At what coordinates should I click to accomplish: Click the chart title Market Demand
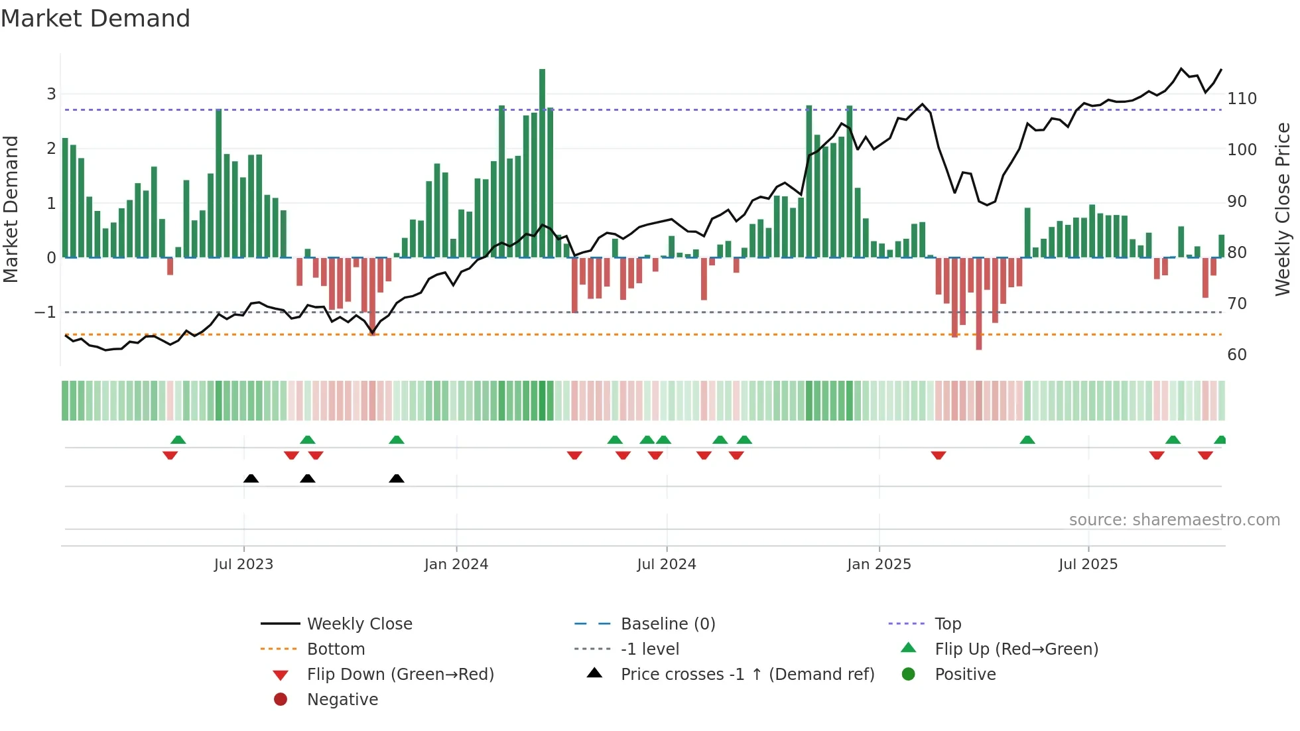click(x=96, y=19)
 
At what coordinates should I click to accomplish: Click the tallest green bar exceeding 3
click(x=542, y=163)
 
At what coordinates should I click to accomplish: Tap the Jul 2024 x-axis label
click(x=667, y=565)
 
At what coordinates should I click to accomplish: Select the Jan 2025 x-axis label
click(x=879, y=565)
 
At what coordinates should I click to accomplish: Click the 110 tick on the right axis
click(x=1242, y=99)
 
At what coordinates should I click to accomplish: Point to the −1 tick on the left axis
click(x=45, y=312)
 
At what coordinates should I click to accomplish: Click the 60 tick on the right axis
click(x=1237, y=355)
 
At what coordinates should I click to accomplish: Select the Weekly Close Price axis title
click(x=1283, y=209)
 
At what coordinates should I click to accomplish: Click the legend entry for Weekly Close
click(x=359, y=624)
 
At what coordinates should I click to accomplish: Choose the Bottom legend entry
click(x=336, y=649)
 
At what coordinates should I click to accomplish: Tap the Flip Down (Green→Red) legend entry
click(x=400, y=675)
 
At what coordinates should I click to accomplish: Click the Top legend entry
click(x=948, y=624)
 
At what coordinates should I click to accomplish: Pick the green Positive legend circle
click(x=909, y=675)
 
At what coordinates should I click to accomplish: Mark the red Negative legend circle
click(x=281, y=700)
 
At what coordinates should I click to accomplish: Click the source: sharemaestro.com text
click(x=1174, y=520)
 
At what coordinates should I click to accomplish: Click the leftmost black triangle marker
click(x=251, y=479)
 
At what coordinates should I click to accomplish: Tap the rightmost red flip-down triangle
click(x=1205, y=455)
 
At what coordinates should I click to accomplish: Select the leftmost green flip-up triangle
click(x=178, y=440)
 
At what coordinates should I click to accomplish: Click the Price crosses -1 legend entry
click(x=747, y=675)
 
